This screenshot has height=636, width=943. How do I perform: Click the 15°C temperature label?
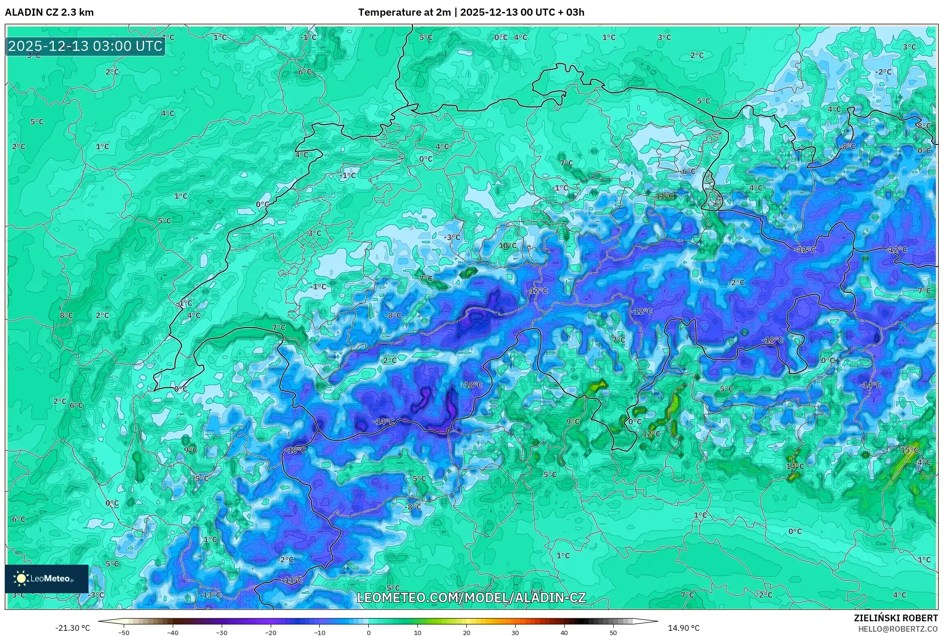[x=909, y=450]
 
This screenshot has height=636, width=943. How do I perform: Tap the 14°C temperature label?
[x=795, y=466]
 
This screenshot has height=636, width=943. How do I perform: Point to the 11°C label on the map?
[x=665, y=196]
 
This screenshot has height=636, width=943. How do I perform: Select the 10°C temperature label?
[x=507, y=246]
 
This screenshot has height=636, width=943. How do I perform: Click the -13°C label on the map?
[x=211, y=595]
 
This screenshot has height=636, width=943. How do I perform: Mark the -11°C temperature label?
[x=292, y=580]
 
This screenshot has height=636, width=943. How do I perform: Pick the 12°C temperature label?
[x=651, y=434]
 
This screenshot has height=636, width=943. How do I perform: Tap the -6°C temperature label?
[x=688, y=171]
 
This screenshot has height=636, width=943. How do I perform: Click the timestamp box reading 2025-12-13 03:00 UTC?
[x=85, y=46]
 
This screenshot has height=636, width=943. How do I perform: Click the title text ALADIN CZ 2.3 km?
[x=49, y=12]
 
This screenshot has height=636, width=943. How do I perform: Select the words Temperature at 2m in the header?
[x=404, y=12]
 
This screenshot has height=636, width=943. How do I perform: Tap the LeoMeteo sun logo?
[x=21, y=578]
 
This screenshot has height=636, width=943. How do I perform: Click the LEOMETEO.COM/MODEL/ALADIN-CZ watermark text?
[x=471, y=597]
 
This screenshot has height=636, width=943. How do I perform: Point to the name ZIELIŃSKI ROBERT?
[x=895, y=618]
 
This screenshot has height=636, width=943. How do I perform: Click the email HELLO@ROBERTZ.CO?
[x=898, y=629]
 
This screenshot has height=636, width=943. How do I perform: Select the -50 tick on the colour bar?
[x=124, y=632]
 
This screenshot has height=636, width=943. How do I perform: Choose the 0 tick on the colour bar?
[x=368, y=632]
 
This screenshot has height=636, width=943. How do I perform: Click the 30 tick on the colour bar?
[x=515, y=632]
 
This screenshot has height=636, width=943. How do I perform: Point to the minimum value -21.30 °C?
[x=72, y=628]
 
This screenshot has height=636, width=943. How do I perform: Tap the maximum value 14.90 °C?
[x=684, y=628]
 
